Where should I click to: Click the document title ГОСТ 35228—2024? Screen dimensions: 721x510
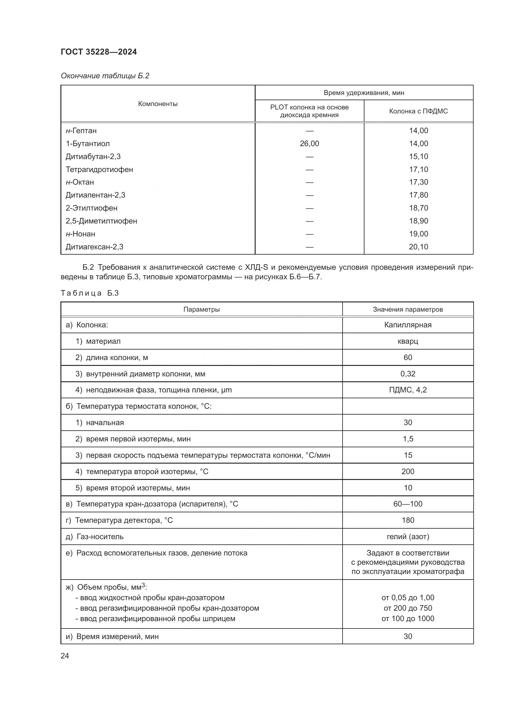[x=99, y=52]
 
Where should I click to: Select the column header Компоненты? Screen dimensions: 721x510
[x=158, y=104]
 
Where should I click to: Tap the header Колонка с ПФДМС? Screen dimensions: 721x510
[x=418, y=111]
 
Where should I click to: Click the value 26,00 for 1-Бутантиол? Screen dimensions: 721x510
[x=309, y=144]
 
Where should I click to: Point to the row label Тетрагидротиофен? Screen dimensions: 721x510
[x=99, y=170]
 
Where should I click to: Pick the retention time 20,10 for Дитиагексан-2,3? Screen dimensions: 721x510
[x=418, y=247]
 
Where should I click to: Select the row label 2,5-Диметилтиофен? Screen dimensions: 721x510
[x=101, y=221]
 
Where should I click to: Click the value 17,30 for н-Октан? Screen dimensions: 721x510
[x=418, y=182]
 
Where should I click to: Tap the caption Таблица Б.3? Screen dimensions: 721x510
[x=89, y=293]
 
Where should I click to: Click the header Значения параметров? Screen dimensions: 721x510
[x=408, y=309]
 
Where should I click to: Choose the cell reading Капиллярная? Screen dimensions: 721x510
[x=408, y=325]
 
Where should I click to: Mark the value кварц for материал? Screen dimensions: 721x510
[x=408, y=341]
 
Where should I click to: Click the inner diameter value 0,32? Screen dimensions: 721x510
[x=408, y=374]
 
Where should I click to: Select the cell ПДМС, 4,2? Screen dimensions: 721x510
[x=408, y=390]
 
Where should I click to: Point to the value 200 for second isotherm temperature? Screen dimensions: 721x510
[x=408, y=472]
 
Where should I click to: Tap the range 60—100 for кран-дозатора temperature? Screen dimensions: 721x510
[x=408, y=504]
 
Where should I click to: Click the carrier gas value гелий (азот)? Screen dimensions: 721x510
[x=408, y=537]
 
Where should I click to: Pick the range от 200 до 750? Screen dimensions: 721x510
[x=408, y=608]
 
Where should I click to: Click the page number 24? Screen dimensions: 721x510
[x=65, y=656]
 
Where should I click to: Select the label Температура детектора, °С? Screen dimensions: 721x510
[x=124, y=521]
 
